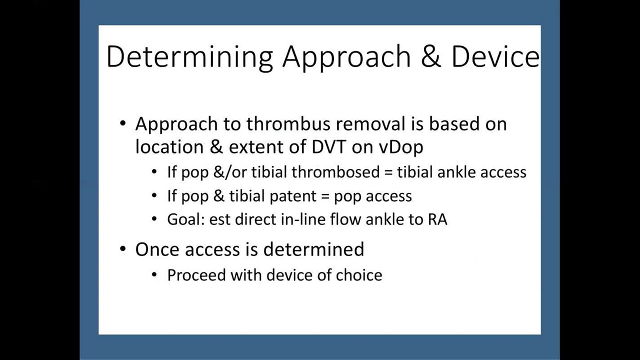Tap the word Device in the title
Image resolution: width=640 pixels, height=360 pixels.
495,56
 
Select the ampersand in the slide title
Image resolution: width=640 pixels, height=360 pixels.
431,56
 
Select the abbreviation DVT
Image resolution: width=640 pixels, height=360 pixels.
328,147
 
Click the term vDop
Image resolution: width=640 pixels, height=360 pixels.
401,147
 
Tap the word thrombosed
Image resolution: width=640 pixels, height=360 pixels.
335,172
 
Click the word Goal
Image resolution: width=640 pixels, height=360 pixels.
185,219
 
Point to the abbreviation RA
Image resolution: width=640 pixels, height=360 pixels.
437,219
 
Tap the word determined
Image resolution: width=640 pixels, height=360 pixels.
313,248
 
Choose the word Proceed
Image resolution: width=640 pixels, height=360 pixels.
196,275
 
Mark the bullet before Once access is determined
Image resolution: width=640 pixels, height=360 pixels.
123,249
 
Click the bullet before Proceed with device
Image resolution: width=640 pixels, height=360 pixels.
154,275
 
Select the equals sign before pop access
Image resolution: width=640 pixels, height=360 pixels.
325,196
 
